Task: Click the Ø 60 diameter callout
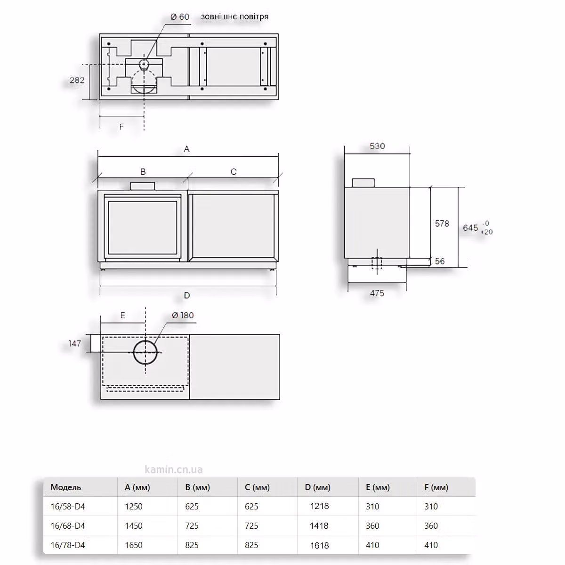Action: coord(180,16)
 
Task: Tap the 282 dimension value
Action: coord(77,80)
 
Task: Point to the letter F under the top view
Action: coord(121,127)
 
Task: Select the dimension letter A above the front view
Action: coord(187,149)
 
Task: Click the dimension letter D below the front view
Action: coord(187,295)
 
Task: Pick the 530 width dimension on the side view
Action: coord(377,146)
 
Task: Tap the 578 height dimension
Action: coord(442,224)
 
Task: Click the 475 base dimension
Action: coord(377,293)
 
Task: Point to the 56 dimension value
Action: coord(439,261)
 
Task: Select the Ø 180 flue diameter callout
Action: coord(183,315)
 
